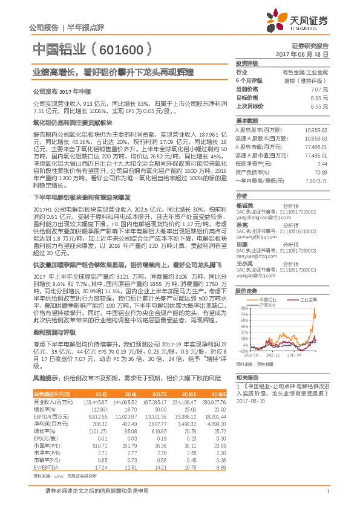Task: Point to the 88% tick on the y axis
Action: (x=243, y=309)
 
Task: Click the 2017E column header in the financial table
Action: (x=157, y=394)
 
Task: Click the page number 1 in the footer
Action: (x=327, y=491)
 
